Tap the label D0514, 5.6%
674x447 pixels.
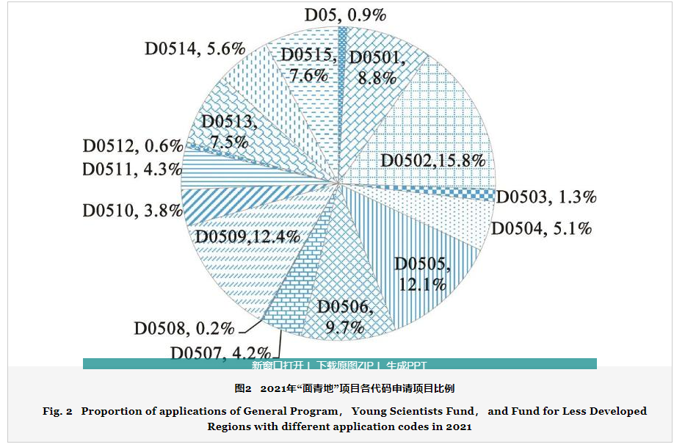194,49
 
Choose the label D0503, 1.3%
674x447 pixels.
547,197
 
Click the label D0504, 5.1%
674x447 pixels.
541,229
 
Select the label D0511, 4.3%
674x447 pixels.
131,170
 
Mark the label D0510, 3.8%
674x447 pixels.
131,211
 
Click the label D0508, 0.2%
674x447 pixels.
184,328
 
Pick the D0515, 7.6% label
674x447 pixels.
308,65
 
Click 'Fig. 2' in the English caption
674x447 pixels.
57,411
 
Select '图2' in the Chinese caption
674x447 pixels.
243,388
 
